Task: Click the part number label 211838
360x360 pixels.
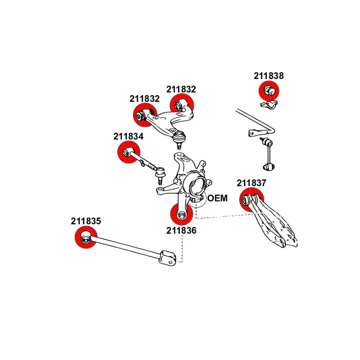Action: (x=269, y=76)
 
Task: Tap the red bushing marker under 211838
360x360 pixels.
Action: (x=269, y=91)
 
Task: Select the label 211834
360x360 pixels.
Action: (x=129, y=136)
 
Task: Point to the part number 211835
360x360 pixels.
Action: (x=86, y=221)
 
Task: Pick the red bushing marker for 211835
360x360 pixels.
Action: (x=86, y=238)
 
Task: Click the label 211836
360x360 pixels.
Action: (x=181, y=230)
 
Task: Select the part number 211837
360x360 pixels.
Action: (x=251, y=183)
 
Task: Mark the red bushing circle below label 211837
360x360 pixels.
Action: (x=251, y=199)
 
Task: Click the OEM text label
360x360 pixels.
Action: (x=218, y=198)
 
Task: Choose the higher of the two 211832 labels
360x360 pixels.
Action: (x=181, y=89)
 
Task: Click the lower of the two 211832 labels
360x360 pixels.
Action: (x=144, y=99)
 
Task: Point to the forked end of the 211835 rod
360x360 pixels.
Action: (x=168, y=257)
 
